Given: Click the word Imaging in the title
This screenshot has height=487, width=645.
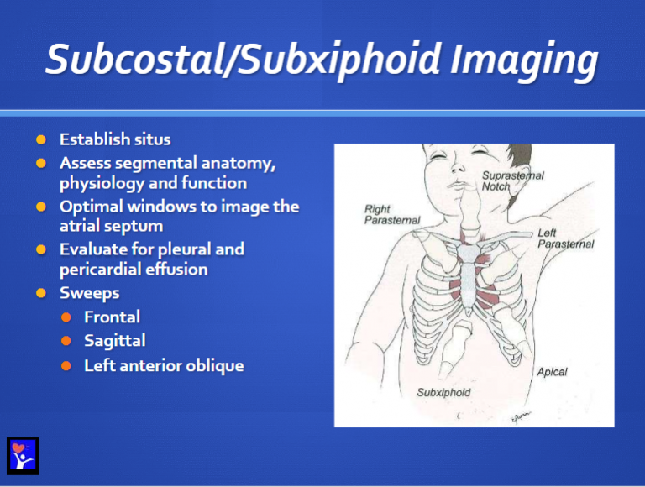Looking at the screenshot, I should (x=524, y=60).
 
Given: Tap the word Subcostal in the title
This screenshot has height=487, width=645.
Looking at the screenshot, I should (x=131, y=60).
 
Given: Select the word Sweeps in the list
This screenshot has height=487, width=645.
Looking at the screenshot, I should (x=89, y=293).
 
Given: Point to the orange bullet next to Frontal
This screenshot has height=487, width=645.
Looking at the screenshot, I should (x=66, y=317).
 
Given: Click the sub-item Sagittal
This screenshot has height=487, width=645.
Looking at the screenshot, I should (x=114, y=340).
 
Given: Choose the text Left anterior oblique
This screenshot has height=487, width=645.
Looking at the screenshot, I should (x=164, y=365).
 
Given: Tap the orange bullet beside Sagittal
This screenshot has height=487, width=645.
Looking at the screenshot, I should (x=66, y=341).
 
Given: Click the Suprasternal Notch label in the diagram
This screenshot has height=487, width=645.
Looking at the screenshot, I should (x=512, y=181).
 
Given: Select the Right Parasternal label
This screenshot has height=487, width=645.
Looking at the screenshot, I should (x=391, y=214).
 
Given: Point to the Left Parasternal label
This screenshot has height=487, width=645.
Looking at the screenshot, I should (x=565, y=238).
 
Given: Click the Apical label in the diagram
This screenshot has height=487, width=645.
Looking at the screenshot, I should (x=552, y=371).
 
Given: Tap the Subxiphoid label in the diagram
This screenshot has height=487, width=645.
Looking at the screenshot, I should (x=443, y=392).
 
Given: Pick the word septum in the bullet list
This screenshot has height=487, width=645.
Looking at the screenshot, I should (x=136, y=226).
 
